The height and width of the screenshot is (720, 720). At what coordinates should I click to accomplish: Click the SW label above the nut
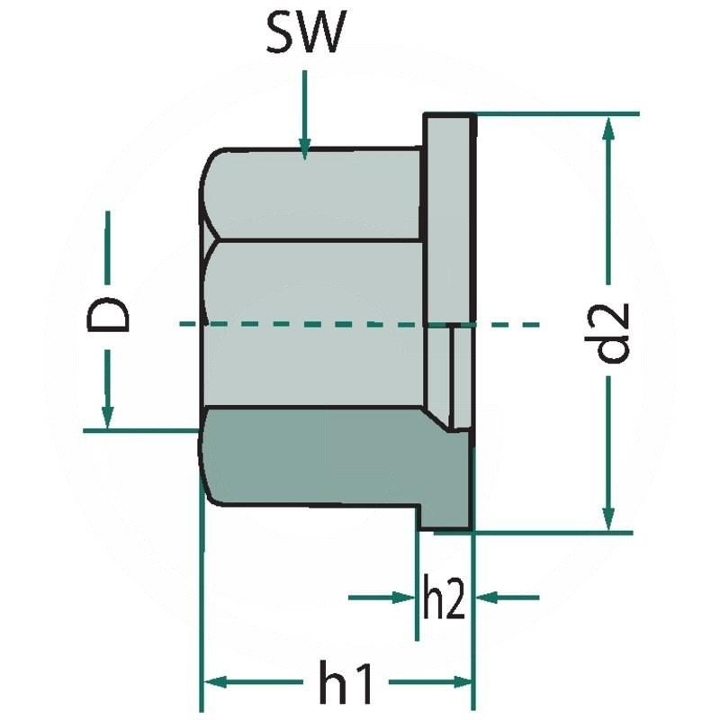click(x=305, y=36)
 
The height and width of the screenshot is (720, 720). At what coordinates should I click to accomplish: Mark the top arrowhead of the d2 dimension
click(x=609, y=127)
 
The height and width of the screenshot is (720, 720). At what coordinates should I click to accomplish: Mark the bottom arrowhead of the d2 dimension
click(x=609, y=519)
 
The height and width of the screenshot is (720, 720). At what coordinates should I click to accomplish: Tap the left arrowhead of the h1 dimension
click(x=212, y=681)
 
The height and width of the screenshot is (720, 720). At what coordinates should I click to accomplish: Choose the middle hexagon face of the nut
click(x=315, y=324)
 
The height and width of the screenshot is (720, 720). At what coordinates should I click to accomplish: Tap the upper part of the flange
click(x=447, y=216)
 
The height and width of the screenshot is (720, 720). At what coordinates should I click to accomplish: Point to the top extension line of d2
click(x=558, y=114)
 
